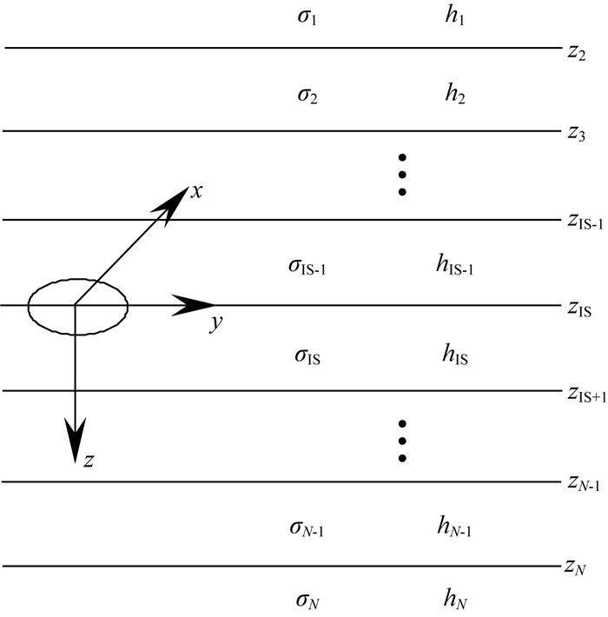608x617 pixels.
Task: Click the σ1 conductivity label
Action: click(307, 17)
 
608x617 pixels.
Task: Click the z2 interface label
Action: click(576, 54)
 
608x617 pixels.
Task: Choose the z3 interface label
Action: click(576, 136)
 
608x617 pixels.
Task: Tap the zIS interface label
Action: click(578, 309)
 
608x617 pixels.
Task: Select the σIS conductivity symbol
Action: click(307, 355)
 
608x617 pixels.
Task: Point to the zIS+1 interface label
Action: click(584, 396)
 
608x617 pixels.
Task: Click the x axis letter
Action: click(197, 191)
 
